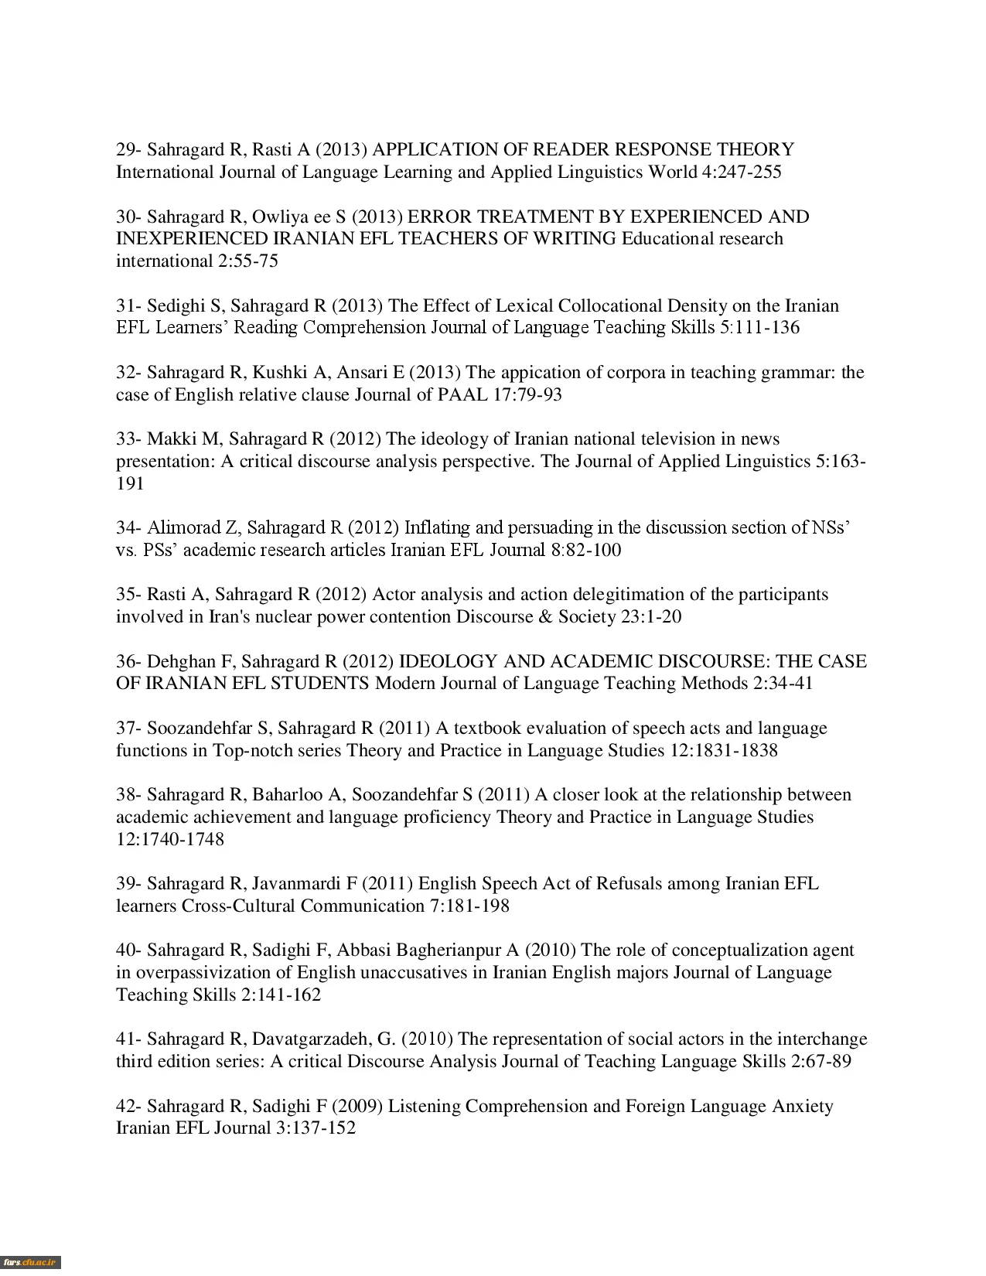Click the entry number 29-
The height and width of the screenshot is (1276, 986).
pyautogui.click(x=128, y=149)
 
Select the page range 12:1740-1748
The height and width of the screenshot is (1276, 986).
pyautogui.click(x=170, y=840)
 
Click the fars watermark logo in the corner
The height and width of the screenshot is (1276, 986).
pyautogui.click(x=30, y=1262)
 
